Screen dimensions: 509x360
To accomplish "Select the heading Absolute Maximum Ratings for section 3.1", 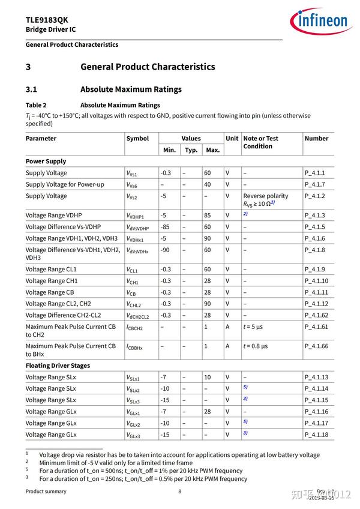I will (131, 89).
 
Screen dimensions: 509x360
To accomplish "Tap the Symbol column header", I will (137, 138).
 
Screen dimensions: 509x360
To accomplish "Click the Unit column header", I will (232, 138).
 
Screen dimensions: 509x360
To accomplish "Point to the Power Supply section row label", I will (46, 161).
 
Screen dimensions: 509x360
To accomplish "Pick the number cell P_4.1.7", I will (314, 184).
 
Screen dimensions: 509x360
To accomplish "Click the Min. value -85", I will (166, 227).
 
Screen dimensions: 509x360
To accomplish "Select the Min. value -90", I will (166, 250).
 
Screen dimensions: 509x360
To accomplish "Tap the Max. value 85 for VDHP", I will (208, 215).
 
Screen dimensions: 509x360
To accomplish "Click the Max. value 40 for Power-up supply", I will (208, 184).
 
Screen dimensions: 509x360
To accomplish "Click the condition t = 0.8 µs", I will (256, 346).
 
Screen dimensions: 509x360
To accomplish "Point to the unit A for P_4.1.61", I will (227, 327).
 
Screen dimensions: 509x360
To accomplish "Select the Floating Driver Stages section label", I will (58, 366).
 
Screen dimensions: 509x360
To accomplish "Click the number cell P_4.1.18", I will (316, 435).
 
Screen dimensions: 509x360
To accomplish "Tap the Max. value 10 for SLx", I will (208, 377).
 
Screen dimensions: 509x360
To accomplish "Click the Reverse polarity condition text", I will (265, 196).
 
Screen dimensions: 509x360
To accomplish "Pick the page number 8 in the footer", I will (179, 492).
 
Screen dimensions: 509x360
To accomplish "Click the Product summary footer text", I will (46, 492).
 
